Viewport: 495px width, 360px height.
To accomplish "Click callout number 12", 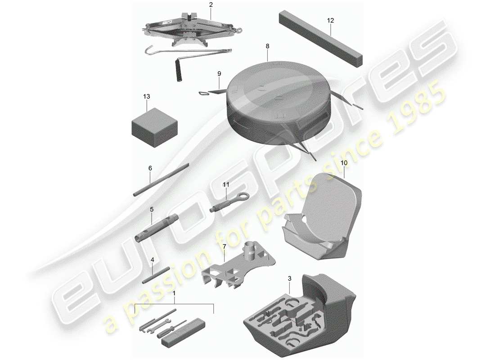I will [331, 20].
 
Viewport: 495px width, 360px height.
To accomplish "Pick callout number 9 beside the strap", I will [219, 73].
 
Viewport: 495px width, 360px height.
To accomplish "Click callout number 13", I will [147, 97].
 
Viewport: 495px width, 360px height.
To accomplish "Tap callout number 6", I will [150, 168].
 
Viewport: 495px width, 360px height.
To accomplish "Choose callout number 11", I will [226, 184].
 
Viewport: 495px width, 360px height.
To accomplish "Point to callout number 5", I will [152, 209].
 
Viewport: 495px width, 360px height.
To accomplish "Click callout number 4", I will [152, 260].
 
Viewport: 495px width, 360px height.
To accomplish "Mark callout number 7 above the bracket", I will [224, 247].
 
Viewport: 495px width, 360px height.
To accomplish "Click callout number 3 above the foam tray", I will [290, 279].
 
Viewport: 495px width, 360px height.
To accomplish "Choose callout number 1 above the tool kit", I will [175, 293].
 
